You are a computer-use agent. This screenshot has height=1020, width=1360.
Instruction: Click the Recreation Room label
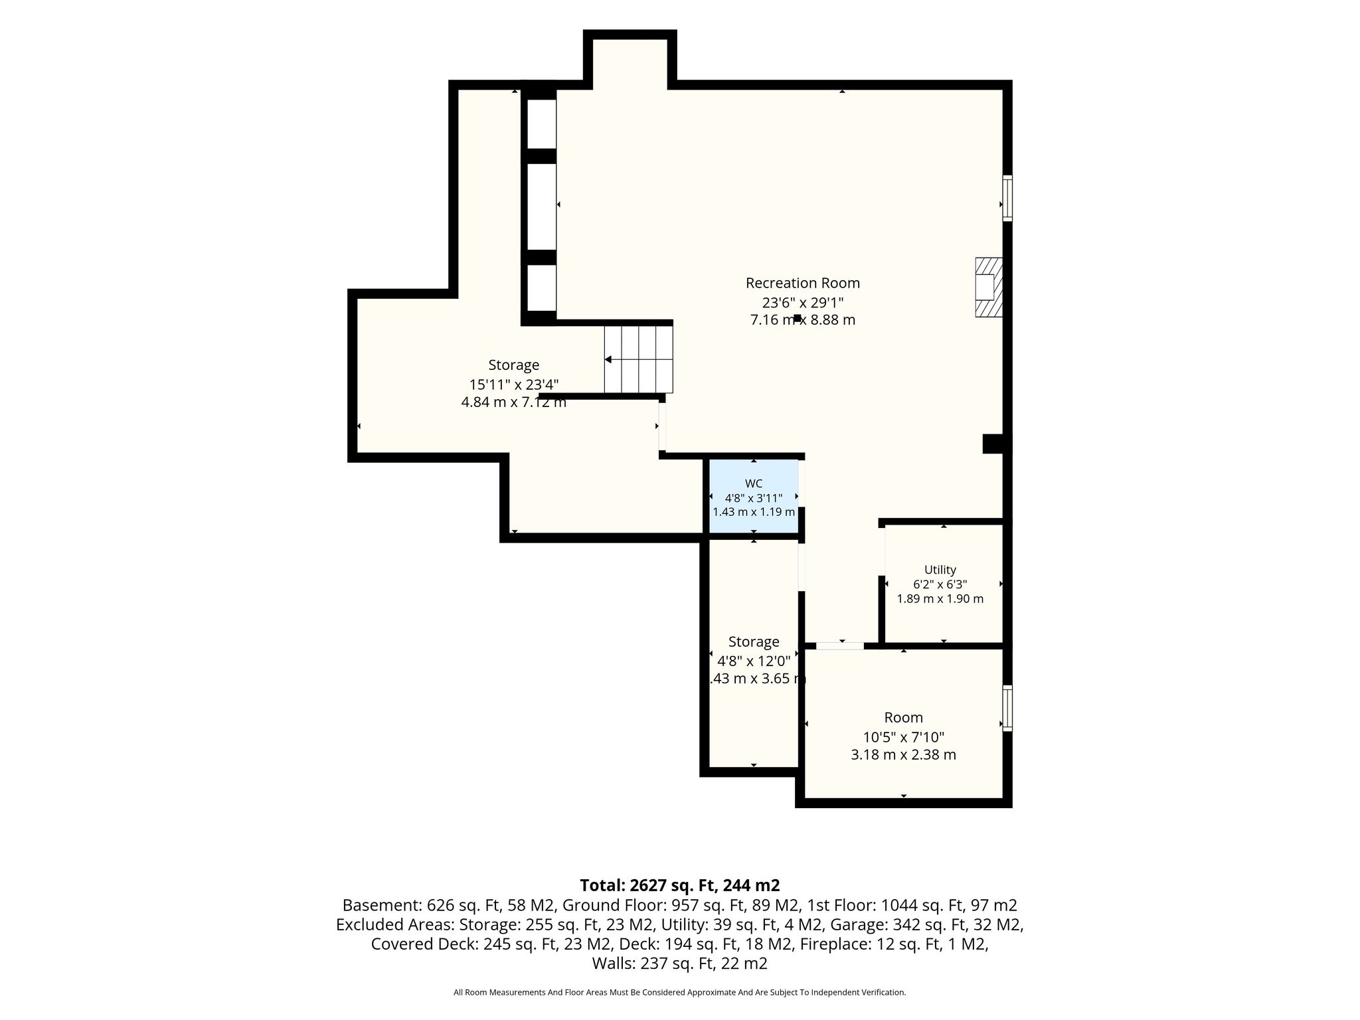point(802,283)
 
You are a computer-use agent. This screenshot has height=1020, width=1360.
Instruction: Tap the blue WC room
point(754,495)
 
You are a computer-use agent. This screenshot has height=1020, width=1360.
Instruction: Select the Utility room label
point(940,570)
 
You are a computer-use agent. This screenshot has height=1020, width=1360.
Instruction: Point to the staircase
point(639,359)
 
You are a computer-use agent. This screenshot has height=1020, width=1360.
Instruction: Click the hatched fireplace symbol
point(989,287)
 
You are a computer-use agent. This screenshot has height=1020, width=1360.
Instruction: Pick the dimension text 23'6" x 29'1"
point(802,303)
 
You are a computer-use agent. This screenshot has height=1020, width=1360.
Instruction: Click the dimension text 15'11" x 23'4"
point(514,384)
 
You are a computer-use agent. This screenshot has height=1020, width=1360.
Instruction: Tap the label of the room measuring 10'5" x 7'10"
point(903,718)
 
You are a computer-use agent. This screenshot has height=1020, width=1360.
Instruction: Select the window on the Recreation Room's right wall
point(1007,198)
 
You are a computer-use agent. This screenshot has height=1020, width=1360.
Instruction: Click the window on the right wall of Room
point(1007,708)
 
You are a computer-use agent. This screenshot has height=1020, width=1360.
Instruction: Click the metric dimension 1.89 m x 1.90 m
point(940,599)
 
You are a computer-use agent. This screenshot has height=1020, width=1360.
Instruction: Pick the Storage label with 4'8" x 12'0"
point(754,642)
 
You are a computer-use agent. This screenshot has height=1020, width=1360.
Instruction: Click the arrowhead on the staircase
point(608,359)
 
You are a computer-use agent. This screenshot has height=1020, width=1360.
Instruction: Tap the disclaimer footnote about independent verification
point(679,993)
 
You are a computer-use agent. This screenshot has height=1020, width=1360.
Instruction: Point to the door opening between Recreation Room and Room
point(840,645)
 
